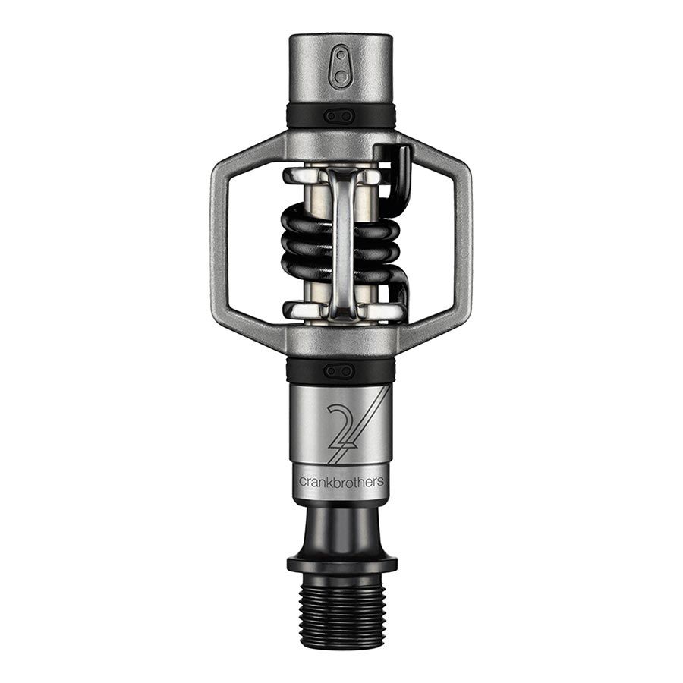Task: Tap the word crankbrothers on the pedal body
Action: tap(341, 481)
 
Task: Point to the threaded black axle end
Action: tap(341, 612)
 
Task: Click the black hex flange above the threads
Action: tap(341, 564)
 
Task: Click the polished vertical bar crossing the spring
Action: tap(341, 243)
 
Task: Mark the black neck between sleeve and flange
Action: tap(341, 527)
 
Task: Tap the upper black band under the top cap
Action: tap(304, 116)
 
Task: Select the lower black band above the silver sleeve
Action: tap(304, 371)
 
